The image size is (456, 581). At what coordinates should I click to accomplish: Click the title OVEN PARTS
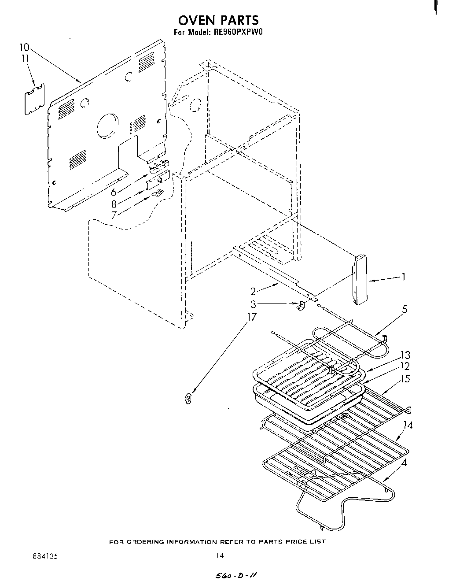click(218, 20)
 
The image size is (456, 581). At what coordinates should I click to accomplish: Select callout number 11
click(25, 59)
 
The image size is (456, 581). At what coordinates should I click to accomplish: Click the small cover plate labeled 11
click(34, 99)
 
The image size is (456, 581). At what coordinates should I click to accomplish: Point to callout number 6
click(114, 192)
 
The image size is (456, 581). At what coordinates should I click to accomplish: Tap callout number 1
click(403, 277)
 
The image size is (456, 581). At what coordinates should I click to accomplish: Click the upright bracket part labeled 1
click(360, 280)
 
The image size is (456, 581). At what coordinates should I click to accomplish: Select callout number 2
click(253, 291)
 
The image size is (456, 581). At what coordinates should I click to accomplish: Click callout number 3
click(253, 303)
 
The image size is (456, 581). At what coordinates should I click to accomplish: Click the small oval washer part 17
click(188, 399)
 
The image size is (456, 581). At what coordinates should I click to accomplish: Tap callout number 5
click(404, 310)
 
